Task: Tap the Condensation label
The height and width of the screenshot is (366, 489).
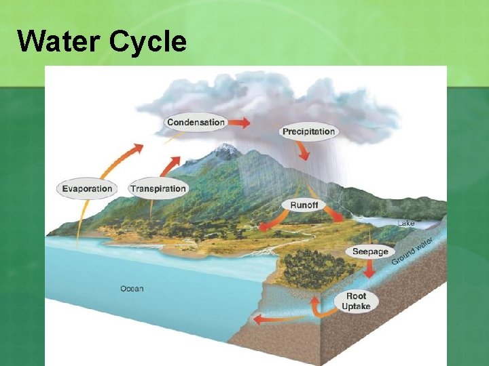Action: click(196, 123)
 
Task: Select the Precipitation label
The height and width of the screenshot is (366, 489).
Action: click(308, 131)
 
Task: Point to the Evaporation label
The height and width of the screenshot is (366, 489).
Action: click(87, 188)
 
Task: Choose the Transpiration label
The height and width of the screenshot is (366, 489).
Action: click(158, 188)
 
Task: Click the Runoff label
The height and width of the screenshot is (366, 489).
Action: click(304, 205)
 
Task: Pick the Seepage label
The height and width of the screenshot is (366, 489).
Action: click(370, 251)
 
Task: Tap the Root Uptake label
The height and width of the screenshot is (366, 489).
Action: click(356, 301)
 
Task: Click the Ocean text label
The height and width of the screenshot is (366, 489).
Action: click(132, 289)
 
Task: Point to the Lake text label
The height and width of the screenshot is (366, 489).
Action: click(406, 223)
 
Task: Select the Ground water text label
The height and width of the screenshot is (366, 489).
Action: click(413, 251)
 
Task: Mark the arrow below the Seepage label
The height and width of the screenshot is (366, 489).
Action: click(369, 269)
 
